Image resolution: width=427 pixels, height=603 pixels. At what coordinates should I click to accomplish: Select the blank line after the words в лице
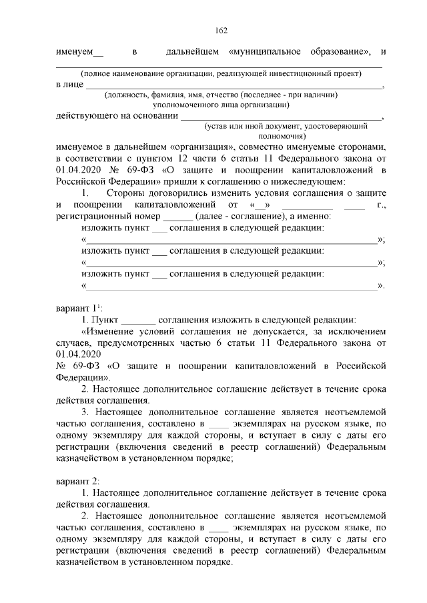pyautogui.click(x=234, y=85)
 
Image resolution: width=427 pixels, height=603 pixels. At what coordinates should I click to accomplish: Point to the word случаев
pyautogui.click(x=74, y=342)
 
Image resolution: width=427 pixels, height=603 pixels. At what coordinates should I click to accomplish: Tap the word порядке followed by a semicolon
pyautogui.click(x=211, y=458)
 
